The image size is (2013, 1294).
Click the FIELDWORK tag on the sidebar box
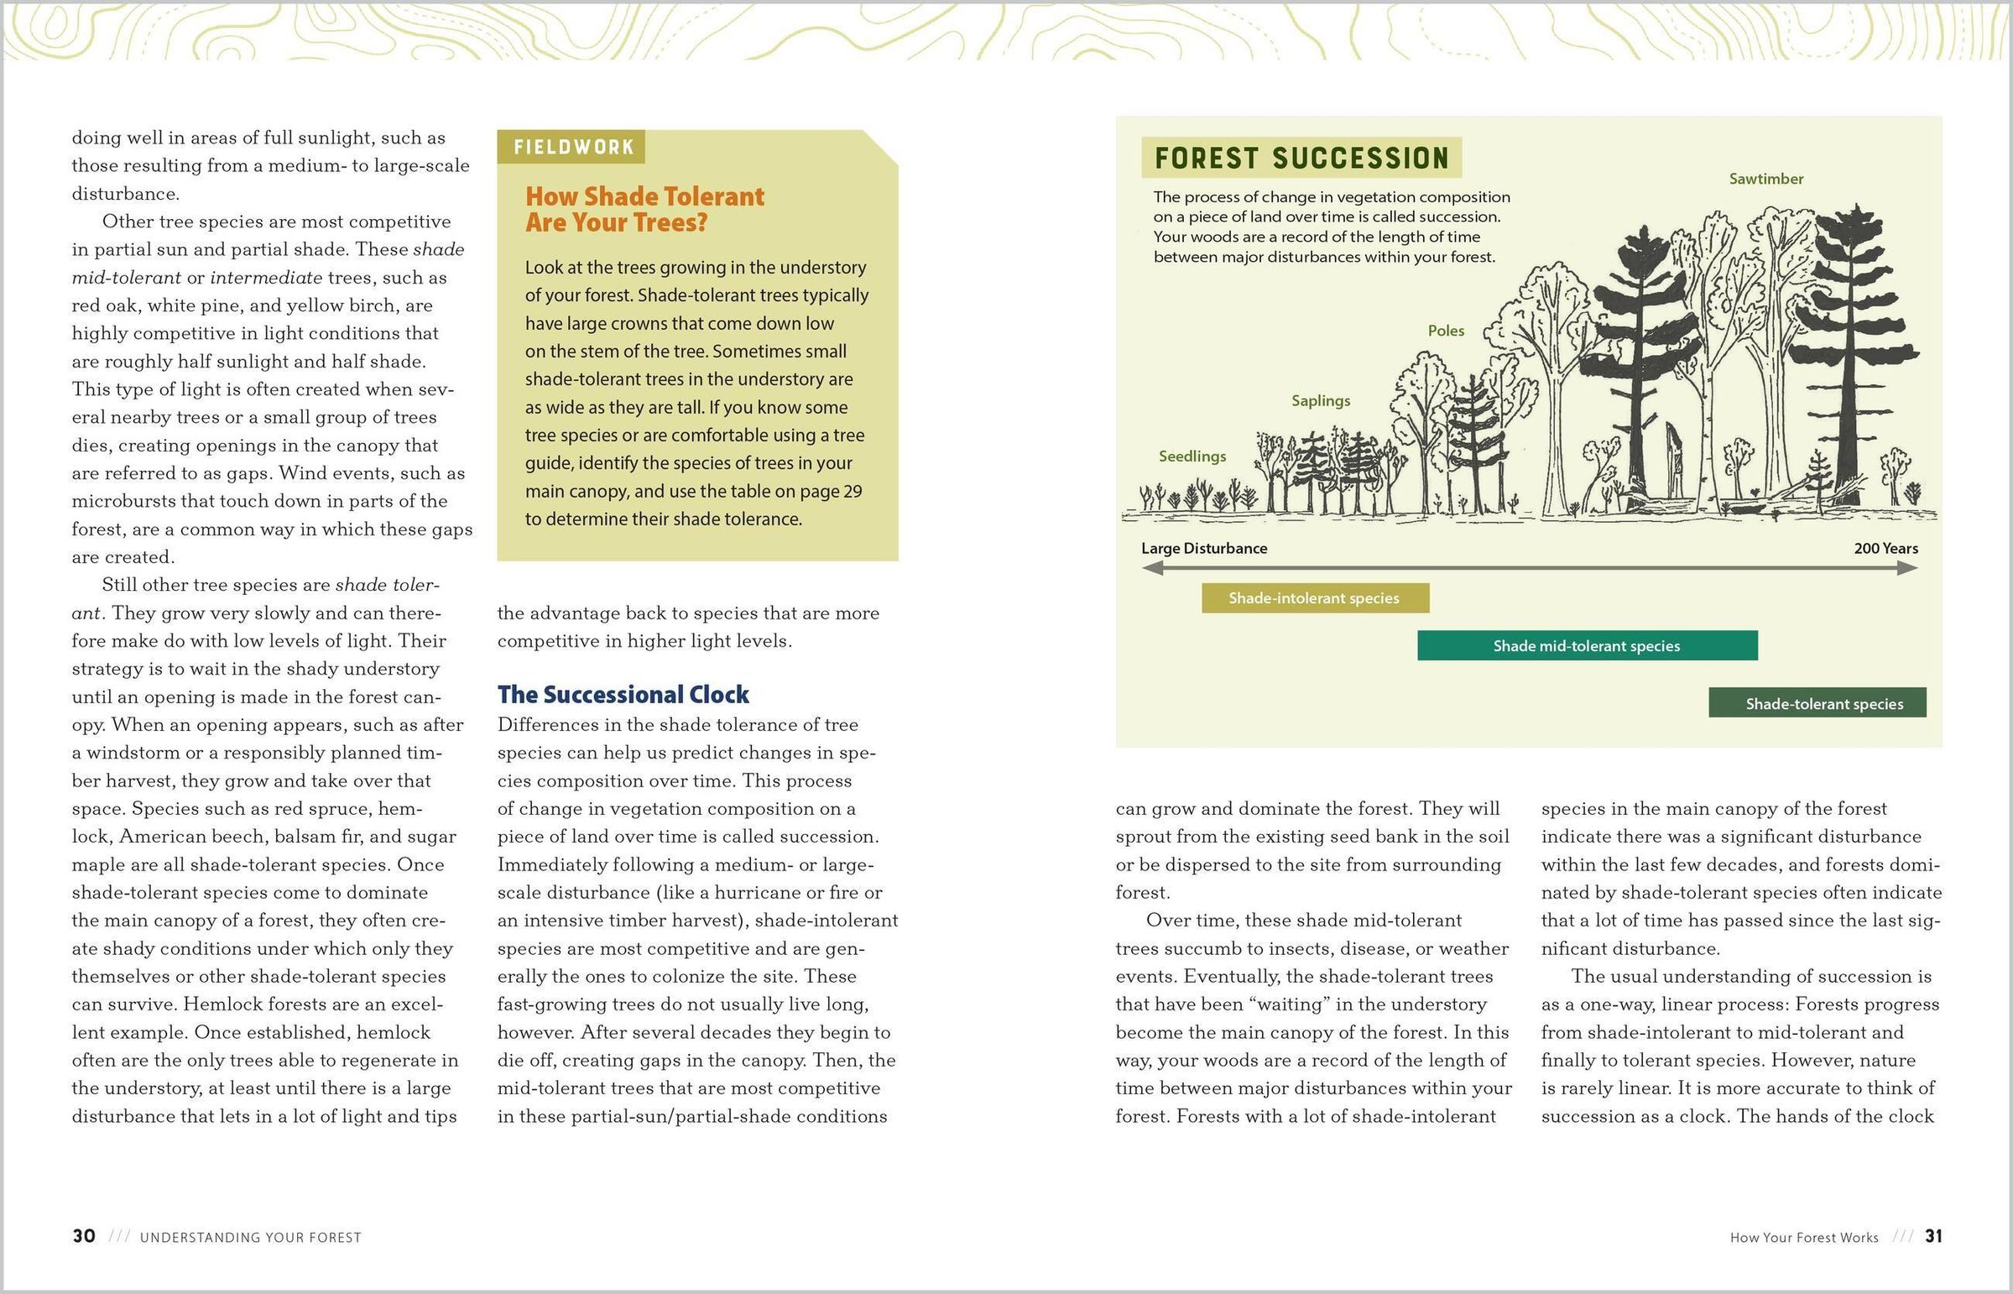tap(573, 147)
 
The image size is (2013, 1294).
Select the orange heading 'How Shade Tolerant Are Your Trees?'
tap(644, 209)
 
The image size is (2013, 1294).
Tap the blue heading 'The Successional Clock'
tap(623, 694)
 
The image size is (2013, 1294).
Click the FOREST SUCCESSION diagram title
tap(1301, 158)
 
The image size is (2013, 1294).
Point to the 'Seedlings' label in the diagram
tap(1192, 457)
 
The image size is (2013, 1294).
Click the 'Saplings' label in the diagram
tap(1321, 401)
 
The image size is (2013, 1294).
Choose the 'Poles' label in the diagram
tap(1446, 331)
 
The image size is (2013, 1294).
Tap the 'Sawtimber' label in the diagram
tap(1766, 179)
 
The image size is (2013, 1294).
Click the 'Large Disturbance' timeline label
tap(1204, 549)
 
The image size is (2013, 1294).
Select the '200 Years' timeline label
tap(1886, 549)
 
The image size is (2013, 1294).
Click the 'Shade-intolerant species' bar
tap(1315, 598)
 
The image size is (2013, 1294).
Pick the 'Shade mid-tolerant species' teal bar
tap(1587, 645)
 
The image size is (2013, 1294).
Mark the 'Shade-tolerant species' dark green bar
tap(1817, 703)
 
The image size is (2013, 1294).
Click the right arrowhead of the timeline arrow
tap(1908, 568)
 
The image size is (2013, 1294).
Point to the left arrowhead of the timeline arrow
tap(1152, 568)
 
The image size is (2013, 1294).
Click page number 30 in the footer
tap(84, 1236)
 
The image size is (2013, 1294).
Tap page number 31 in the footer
tap(1933, 1236)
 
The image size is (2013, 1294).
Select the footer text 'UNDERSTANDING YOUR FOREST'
tap(250, 1238)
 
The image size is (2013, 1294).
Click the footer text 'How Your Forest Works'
tap(1804, 1238)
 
